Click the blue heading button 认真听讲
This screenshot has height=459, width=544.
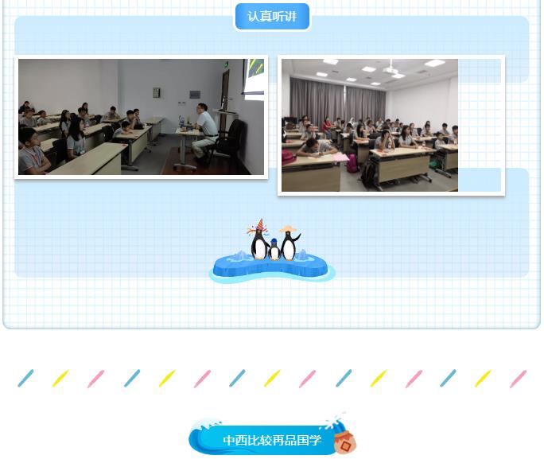coord(272,17)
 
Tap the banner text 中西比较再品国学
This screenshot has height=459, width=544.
coord(272,440)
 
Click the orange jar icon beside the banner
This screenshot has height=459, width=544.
coord(345,442)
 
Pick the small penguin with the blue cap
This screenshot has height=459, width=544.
coord(274,249)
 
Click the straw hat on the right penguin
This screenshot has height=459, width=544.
coord(289,228)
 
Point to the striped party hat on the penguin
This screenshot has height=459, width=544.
coord(260,224)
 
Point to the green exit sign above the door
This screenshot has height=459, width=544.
coord(226,64)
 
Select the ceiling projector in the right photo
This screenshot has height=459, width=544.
coord(391,70)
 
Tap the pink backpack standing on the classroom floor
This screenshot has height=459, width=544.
coord(352,163)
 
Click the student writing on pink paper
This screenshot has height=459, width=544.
coord(315,147)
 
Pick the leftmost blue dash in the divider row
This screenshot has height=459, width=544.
coord(25,378)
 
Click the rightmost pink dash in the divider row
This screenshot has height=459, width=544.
coord(519,379)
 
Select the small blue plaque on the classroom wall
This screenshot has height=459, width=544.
coord(195,94)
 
